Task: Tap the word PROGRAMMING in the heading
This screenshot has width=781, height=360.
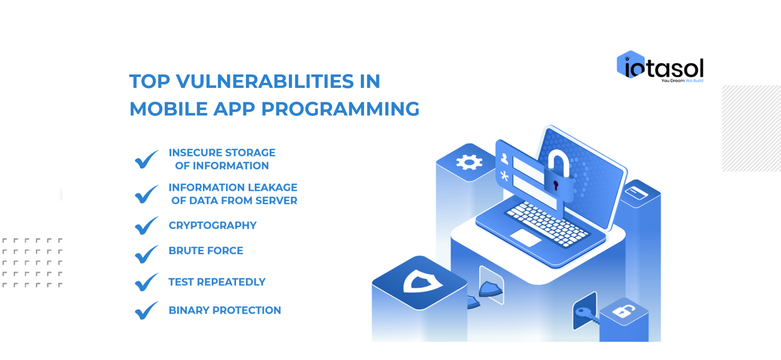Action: pyautogui.click(x=340, y=109)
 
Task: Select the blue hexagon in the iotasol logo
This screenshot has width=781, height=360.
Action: pyautogui.click(x=627, y=63)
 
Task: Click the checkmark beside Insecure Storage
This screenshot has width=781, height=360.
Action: pyautogui.click(x=146, y=159)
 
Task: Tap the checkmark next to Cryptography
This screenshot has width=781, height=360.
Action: pyautogui.click(x=146, y=225)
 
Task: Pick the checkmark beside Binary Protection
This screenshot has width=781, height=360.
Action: pyautogui.click(x=146, y=310)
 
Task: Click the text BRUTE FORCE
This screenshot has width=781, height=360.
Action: pyautogui.click(x=206, y=251)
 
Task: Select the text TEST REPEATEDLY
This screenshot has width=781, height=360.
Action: pyautogui.click(x=217, y=282)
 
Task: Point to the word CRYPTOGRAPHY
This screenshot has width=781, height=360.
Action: pyautogui.click(x=212, y=226)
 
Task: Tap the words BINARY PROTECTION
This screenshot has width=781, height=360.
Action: pyautogui.click(x=225, y=310)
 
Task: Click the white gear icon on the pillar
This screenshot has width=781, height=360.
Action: pyautogui.click(x=469, y=162)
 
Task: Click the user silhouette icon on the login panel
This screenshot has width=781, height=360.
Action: pyautogui.click(x=505, y=158)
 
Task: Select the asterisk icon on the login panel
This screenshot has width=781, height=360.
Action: pyautogui.click(x=505, y=175)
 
